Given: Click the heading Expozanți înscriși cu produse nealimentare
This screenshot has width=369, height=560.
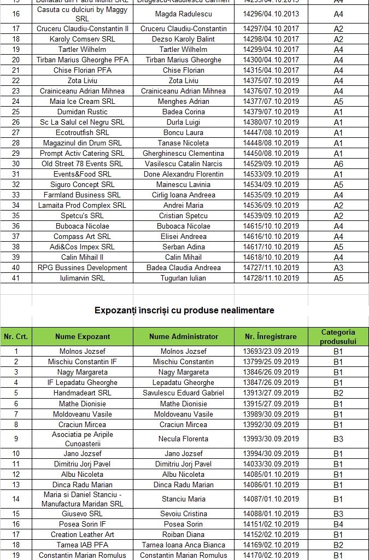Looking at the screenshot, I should [x=184, y=310].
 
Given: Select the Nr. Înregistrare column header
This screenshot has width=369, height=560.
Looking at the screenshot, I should [x=270, y=336].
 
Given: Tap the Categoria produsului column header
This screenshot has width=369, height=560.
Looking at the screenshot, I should [x=338, y=336].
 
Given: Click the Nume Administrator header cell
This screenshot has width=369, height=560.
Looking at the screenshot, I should [x=184, y=336].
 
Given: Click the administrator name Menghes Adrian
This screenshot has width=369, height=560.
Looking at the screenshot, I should [x=184, y=101].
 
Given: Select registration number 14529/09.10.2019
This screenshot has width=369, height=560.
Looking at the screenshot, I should [x=271, y=164].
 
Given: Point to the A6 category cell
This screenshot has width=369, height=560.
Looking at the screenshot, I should [x=338, y=164].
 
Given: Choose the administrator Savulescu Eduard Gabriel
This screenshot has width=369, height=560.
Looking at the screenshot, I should [x=184, y=393].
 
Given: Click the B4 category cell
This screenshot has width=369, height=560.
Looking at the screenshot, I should [x=338, y=524].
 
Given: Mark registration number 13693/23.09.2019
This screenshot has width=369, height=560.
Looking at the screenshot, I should [x=271, y=351].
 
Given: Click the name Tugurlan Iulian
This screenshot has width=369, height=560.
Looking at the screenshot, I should [x=184, y=278].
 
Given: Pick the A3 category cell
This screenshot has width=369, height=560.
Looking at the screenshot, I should [x=338, y=267].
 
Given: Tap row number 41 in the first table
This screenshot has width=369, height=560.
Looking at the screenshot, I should [x=16, y=278].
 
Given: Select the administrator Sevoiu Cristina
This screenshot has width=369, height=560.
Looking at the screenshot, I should [x=184, y=514].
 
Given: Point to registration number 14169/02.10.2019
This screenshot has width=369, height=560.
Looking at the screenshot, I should [x=271, y=545].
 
